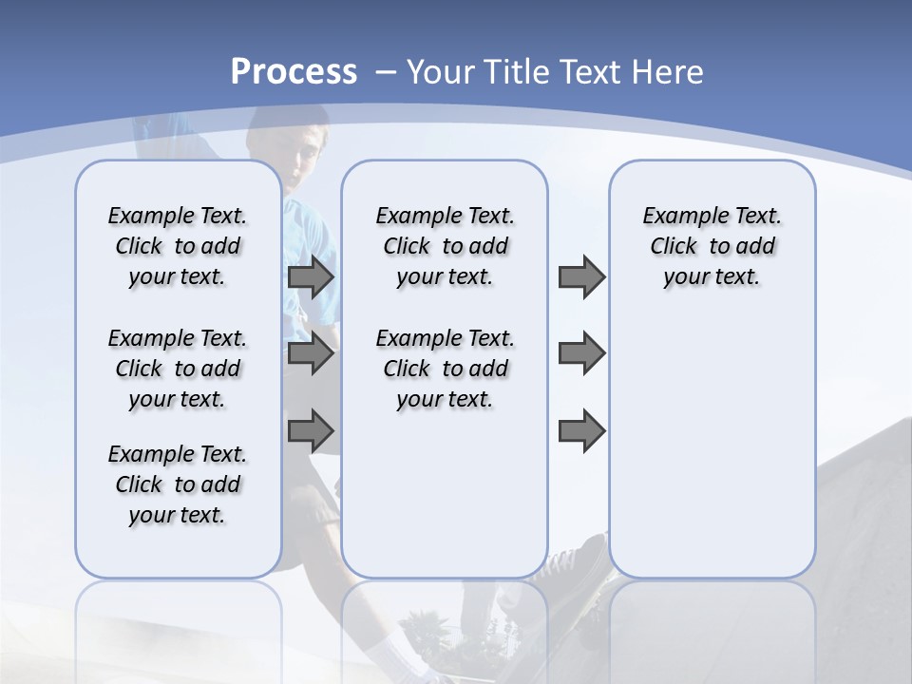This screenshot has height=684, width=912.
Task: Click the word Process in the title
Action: (294, 71)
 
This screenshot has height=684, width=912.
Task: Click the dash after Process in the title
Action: (386, 72)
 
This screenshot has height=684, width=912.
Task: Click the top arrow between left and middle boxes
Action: (311, 276)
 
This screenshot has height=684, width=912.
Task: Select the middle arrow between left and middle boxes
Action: (311, 353)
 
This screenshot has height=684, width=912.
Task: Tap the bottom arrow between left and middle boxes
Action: (311, 431)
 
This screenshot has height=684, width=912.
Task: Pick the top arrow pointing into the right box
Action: (581, 276)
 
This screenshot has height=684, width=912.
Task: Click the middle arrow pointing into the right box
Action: (581, 353)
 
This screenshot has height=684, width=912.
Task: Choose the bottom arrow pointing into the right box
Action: (581, 431)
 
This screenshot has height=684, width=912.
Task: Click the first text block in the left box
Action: (178, 246)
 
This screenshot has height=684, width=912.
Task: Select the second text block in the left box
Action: (178, 369)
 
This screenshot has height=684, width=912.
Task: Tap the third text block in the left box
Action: (178, 484)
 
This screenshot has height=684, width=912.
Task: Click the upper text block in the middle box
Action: (445, 246)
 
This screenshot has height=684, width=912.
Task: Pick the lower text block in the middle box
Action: (445, 369)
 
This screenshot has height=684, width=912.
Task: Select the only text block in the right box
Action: (712, 246)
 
